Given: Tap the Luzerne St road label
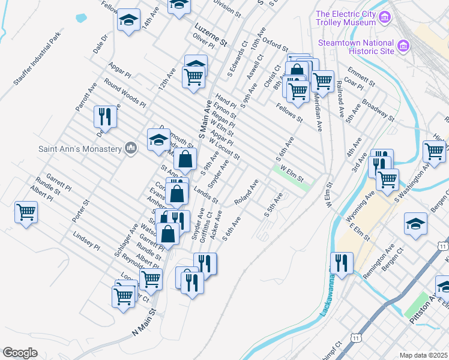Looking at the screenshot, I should [210, 35].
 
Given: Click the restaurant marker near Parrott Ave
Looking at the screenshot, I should [105, 116].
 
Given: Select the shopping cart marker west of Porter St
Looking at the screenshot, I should [26, 212].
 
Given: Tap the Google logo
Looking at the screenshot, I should [20, 353].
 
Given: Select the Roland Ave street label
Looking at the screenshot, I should [247, 192].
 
